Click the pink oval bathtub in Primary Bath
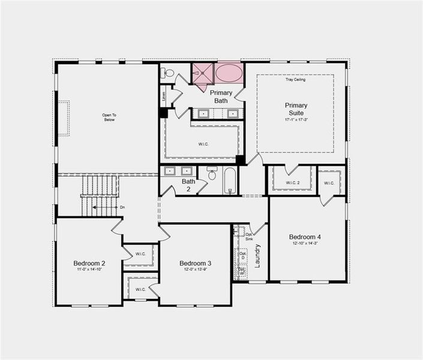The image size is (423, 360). [229, 74]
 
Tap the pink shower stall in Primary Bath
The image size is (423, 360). [203, 74]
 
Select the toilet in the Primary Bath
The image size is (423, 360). [169, 73]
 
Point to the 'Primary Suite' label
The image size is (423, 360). [295, 109]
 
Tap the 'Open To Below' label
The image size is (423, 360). [108, 117]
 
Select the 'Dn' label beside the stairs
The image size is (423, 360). [122, 207]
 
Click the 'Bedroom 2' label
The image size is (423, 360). [89, 263]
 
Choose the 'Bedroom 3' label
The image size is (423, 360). [196, 263]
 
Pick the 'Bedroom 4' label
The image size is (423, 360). [305, 236]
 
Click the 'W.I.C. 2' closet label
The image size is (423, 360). [292, 183]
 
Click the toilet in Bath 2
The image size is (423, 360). [212, 175]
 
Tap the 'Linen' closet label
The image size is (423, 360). [163, 95]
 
